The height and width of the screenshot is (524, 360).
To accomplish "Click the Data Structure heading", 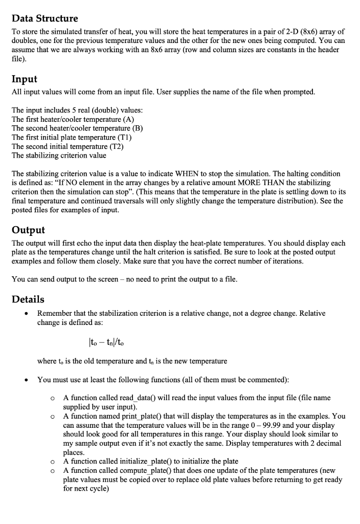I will pyautogui.click(x=45, y=18).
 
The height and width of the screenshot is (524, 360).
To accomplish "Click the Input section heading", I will pyautogui.click(x=25, y=79).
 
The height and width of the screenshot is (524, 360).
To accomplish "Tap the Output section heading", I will pyautogui.click(x=29, y=230).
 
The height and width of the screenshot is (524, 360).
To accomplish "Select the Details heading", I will pyautogui.click(x=28, y=299).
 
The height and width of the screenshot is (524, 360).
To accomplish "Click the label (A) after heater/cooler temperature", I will pyautogui.click(x=128, y=119).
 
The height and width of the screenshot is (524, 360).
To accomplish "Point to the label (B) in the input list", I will pyautogui.click(x=137, y=128).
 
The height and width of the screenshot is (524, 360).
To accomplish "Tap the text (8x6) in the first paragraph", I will pyautogui.click(x=281, y=32).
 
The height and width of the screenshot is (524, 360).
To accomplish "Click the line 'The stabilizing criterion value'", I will pyautogui.click(x=59, y=156).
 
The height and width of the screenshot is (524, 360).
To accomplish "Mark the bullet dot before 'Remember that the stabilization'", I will pyautogui.click(x=26, y=314).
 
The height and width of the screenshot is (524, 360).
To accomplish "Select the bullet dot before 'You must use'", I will pyautogui.click(x=26, y=380).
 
